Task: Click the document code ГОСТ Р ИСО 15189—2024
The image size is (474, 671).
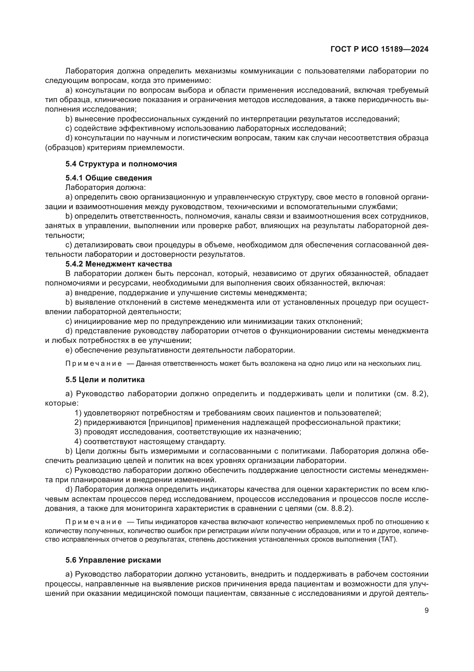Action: point(379,49)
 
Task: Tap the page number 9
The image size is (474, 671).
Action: point(426,610)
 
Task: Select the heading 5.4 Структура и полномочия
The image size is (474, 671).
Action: point(121,164)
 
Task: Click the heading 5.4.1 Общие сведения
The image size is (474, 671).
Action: point(109,178)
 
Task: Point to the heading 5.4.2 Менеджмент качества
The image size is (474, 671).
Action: point(119,264)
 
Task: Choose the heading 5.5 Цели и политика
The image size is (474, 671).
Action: point(105,380)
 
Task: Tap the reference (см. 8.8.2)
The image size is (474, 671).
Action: point(334,508)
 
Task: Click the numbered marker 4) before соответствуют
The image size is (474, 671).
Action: point(78,441)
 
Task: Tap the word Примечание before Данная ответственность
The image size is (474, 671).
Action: point(94,363)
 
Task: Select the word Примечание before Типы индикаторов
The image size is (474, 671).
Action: point(94,522)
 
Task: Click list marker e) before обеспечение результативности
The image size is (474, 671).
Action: point(69,350)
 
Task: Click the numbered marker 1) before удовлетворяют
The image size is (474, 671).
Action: point(78,413)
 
